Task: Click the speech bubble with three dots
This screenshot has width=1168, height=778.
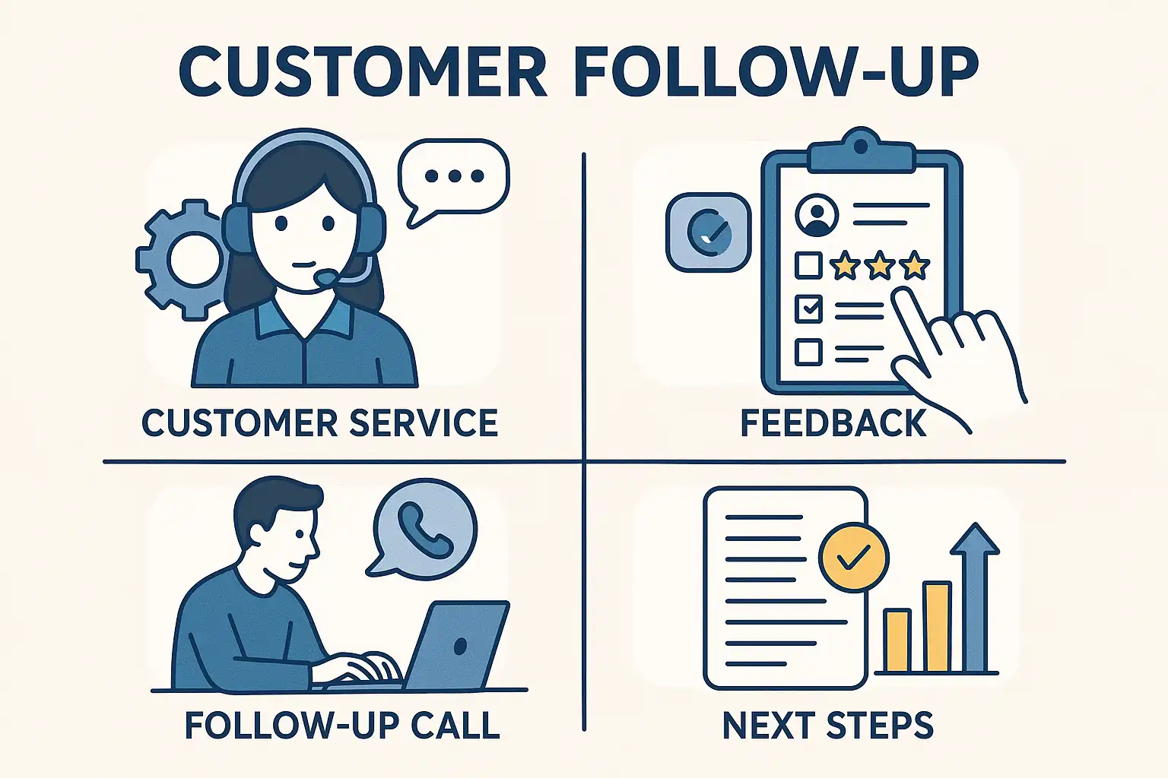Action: coord(454,177)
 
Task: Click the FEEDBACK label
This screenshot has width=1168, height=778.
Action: coord(833,423)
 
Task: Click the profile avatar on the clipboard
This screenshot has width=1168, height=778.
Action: coord(817,214)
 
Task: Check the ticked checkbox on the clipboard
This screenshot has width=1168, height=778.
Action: coord(808,308)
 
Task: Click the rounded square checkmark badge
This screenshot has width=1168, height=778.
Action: coord(708,232)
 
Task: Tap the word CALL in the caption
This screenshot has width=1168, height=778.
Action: coord(455,726)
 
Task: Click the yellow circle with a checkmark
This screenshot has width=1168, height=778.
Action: coord(853,558)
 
